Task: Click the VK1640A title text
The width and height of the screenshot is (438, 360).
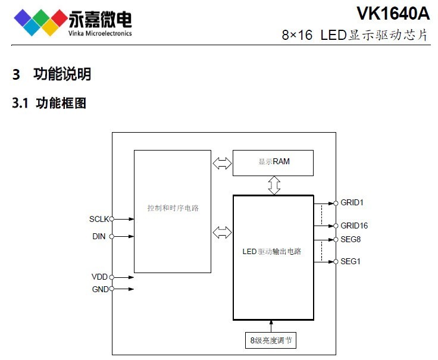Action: coord(392,12)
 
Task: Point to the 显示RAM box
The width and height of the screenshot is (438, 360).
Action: coord(273,162)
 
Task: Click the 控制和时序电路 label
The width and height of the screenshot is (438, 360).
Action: coord(173,208)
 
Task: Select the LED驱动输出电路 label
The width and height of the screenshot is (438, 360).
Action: coord(272,251)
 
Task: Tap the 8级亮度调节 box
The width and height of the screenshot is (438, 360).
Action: coord(271,340)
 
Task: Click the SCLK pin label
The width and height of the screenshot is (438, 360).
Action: coord(99,219)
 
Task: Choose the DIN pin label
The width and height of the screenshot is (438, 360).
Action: coord(99,236)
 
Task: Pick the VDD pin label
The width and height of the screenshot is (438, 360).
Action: coord(99,277)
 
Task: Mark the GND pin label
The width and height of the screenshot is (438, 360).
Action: coord(99,289)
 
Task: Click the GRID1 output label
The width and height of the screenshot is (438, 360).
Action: coord(352,202)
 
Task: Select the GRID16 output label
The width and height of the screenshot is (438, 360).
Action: coord(354,226)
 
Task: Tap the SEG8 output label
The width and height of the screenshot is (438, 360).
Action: coord(351,239)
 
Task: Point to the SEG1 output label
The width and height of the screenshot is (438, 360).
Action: coord(351,261)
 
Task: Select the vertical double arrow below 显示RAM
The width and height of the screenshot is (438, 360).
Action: coord(274,185)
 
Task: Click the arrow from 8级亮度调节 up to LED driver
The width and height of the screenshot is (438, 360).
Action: coord(271,326)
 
